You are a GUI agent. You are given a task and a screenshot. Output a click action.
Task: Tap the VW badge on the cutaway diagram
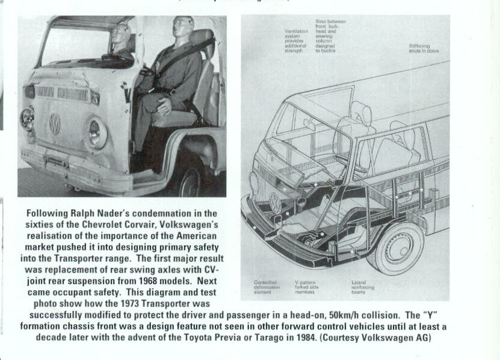(x=275, y=202)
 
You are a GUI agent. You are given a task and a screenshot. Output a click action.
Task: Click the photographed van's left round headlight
(x=27, y=118)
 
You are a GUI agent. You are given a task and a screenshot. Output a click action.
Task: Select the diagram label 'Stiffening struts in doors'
(x=424, y=48)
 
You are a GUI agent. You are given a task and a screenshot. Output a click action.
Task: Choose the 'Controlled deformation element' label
(x=266, y=287)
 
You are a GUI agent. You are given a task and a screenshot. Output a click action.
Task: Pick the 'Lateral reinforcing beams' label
(x=362, y=287)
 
